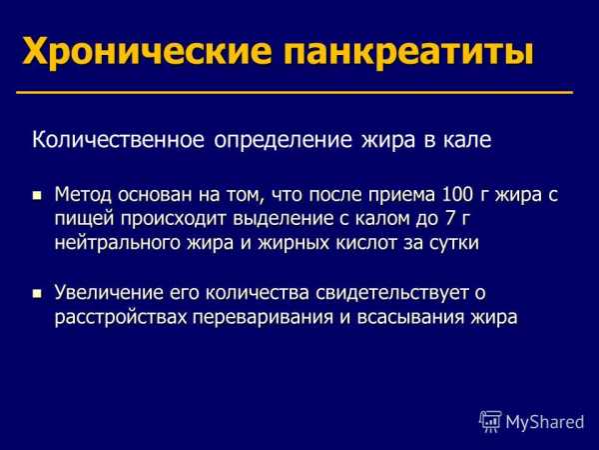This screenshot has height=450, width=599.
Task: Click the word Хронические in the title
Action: (148, 51)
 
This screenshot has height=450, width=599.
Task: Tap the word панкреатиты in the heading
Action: (408, 52)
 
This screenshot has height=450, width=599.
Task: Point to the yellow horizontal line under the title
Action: (295, 92)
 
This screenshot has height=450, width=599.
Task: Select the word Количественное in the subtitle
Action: (118, 140)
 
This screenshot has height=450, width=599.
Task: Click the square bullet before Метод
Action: (37, 196)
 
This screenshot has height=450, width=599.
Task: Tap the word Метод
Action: (83, 194)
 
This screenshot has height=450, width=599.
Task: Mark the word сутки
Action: (454, 243)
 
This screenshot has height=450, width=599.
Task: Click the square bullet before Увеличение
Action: (37, 293)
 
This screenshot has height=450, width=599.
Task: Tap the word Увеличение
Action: (108, 293)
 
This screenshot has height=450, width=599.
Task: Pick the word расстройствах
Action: (121, 318)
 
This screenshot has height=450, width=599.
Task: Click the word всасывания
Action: (410, 318)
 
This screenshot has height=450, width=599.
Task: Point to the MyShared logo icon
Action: (490, 421)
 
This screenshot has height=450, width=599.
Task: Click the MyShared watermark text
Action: (545, 422)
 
